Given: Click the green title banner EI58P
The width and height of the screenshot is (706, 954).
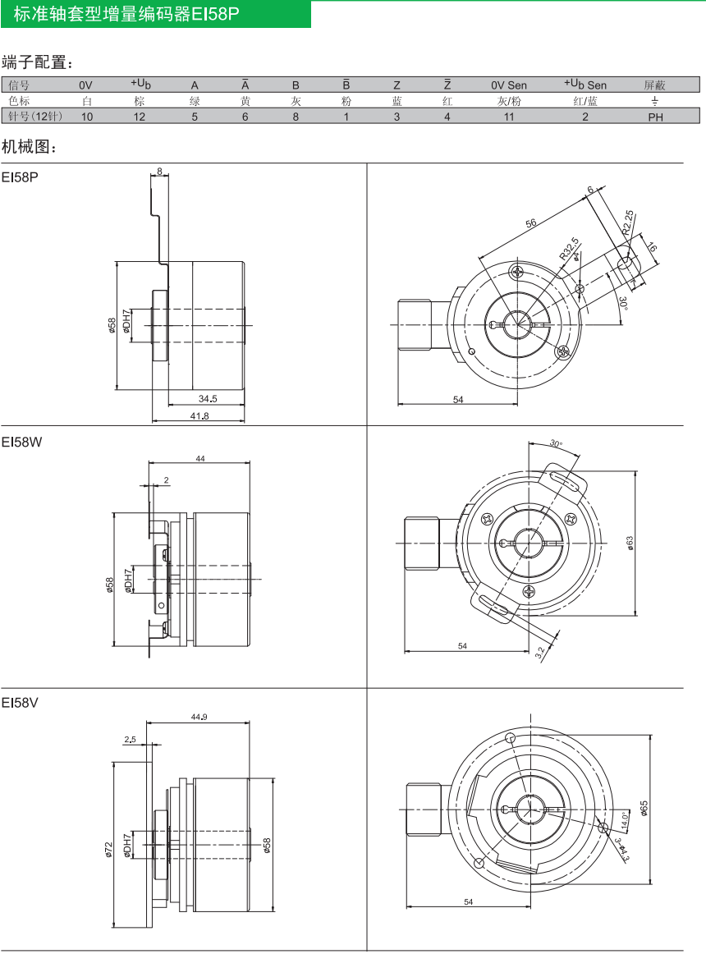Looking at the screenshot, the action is (155, 14).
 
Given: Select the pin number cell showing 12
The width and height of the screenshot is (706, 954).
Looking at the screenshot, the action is (140, 117).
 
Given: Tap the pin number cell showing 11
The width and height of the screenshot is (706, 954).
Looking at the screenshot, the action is (509, 117).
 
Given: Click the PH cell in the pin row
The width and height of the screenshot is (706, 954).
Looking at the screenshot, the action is (655, 117).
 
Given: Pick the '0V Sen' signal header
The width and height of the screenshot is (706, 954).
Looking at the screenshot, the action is (509, 85).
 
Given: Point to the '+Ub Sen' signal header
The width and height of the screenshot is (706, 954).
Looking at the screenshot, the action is (585, 85).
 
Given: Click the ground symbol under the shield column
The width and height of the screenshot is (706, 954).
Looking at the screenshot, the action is (655, 101).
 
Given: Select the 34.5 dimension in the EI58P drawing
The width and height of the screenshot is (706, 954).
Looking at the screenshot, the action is (208, 398).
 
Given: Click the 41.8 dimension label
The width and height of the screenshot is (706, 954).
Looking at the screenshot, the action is (199, 416).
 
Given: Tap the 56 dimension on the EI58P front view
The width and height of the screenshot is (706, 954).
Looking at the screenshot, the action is (530, 223).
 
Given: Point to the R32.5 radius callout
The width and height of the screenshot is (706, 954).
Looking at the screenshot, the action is (570, 249).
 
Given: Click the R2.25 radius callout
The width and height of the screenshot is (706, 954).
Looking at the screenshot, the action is (627, 222).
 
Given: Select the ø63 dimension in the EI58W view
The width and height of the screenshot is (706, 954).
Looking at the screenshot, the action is (630, 544).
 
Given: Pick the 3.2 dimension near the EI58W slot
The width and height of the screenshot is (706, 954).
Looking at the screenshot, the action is (540, 653).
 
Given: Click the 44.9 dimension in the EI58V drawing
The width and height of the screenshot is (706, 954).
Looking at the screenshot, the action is (199, 717).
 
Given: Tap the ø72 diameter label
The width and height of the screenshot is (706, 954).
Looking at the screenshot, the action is (108, 850).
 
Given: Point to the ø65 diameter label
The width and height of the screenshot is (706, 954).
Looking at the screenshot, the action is (644, 809).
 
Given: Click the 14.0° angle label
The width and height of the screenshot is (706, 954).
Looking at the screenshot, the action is (624, 820).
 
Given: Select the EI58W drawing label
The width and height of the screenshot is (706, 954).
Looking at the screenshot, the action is (21, 443).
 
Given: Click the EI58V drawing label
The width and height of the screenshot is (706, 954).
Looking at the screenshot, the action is (20, 703).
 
